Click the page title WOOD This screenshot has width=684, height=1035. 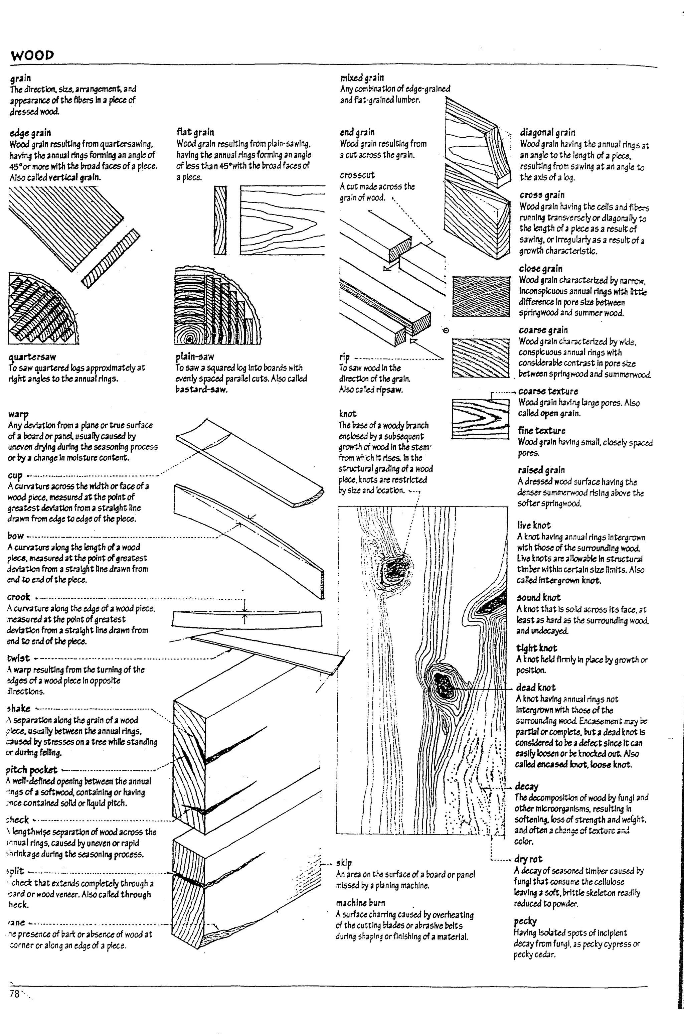tap(32, 55)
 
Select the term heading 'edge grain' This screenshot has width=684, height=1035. tap(30, 132)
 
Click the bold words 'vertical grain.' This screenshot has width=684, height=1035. tap(74, 178)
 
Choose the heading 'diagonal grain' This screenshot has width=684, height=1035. tap(547, 132)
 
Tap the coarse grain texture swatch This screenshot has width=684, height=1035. tap(480, 357)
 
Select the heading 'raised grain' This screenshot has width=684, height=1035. tap(541, 470)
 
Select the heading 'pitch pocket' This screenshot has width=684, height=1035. tap(32, 770)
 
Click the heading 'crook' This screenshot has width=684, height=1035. tap(19, 597)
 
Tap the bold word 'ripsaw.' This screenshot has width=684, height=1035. tap(389, 390)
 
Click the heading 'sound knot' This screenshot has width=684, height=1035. tap(539, 597)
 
